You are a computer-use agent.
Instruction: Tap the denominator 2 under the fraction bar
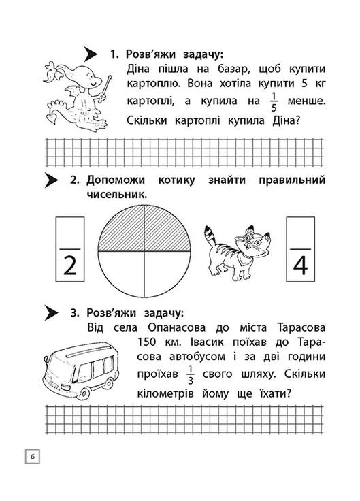click(69, 265)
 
